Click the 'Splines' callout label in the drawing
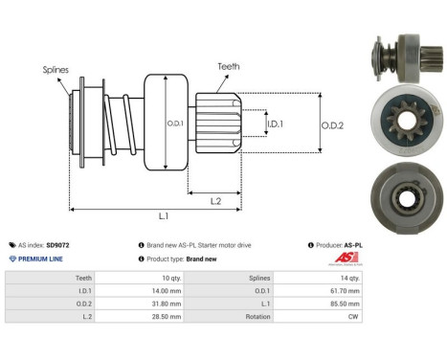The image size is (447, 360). coord(55,70)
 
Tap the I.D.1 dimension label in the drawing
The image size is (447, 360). coord(274,124)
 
